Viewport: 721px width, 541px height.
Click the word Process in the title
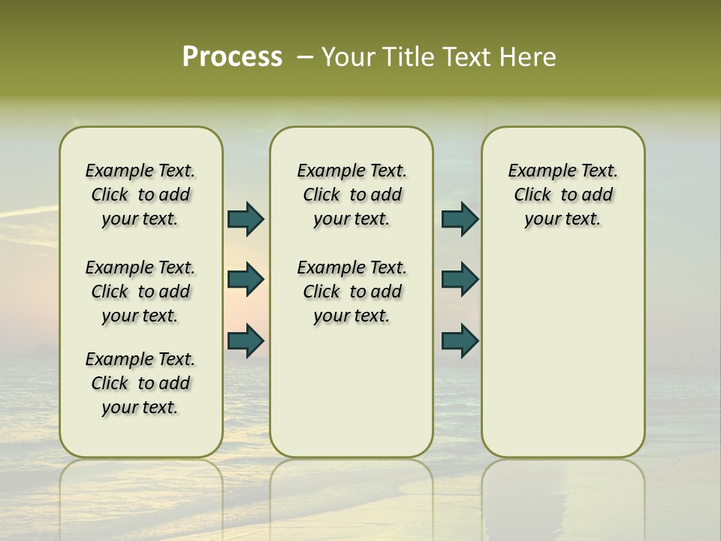click(232, 57)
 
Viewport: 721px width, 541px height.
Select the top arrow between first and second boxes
click(246, 219)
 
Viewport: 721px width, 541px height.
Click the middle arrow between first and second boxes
click(246, 280)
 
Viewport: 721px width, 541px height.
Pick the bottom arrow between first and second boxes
click(246, 340)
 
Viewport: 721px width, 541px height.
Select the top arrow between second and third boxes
click(460, 219)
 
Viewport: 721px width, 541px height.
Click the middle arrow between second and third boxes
click(460, 280)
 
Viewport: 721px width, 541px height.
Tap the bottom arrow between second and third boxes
click(460, 340)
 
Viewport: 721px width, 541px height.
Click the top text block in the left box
click(140, 195)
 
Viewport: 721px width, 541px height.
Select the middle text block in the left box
click(140, 292)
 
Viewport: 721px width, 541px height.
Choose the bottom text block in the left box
click(140, 383)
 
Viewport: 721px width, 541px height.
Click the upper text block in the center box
click(351, 195)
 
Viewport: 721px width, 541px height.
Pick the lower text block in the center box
click(351, 292)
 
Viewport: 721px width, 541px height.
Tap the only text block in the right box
click(563, 195)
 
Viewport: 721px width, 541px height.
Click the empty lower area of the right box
click(563, 353)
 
